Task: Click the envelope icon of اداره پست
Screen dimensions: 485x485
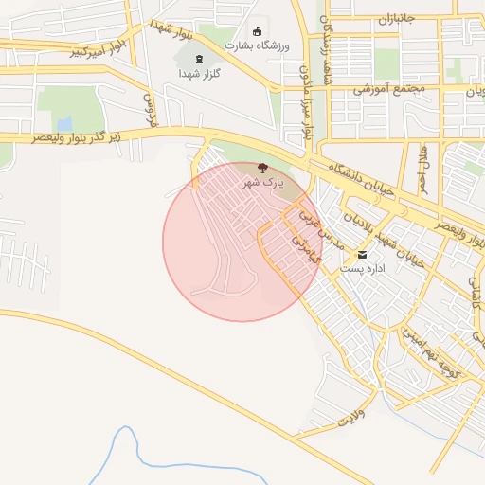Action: (x=361, y=255)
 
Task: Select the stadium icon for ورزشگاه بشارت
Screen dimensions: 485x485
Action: (x=258, y=31)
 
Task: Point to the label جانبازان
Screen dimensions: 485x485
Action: (x=398, y=19)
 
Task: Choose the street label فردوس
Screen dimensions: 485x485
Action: (x=150, y=110)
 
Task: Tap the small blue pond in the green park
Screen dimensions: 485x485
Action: (x=64, y=124)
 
